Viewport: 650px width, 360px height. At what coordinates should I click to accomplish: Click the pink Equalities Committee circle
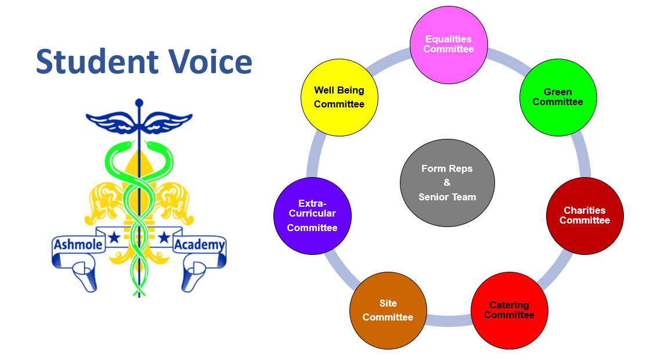(449, 45)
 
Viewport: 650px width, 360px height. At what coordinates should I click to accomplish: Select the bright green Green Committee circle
(558, 98)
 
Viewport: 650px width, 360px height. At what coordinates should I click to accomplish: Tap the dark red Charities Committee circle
(585, 215)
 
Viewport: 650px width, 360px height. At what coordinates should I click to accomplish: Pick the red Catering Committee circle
(510, 311)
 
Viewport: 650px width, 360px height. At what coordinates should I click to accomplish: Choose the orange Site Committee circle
(388, 311)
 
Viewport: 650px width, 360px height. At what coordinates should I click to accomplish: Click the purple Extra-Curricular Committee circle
(313, 215)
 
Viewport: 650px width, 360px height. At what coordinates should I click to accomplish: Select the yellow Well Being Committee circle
(340, 98)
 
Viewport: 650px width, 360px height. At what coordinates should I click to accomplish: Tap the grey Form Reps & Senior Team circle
(447, 183)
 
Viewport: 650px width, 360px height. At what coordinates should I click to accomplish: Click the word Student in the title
(97, 62)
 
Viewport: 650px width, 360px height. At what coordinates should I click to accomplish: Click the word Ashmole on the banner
(78, 244)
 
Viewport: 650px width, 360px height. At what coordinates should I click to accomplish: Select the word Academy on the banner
(200, 244)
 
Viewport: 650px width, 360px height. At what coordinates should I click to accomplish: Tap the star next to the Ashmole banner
(114, 237)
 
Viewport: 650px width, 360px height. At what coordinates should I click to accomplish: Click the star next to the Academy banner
(164, 237)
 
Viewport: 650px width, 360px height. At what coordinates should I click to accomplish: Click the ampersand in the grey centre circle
(447, 182)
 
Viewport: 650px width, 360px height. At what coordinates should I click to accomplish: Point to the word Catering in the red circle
(509, 305)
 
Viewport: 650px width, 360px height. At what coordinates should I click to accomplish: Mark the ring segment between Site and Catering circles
(449, 321)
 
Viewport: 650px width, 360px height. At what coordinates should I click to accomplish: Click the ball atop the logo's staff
(139, 103)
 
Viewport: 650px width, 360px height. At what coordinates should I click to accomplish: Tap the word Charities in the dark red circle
(584, 210)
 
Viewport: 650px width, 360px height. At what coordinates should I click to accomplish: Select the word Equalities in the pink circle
(449, 39)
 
